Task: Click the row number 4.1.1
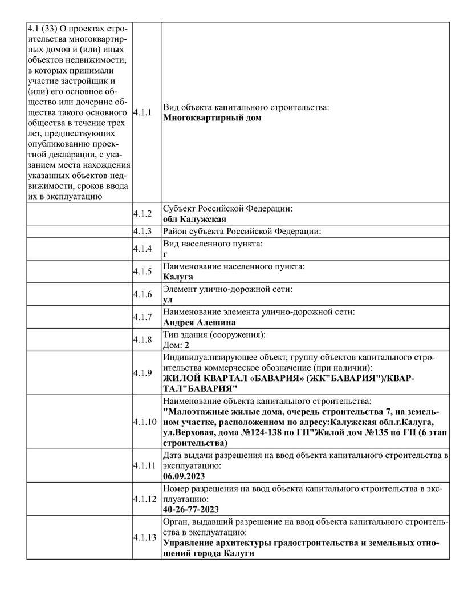[x=143, y=112]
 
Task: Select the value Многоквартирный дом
[x=212, y=118]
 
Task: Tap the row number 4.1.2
[x=143, y=214]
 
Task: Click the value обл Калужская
[x=194, y=220]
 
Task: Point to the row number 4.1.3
[x=143, y=232]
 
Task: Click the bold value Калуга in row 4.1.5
[x=178, y=277]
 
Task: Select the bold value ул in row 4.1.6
[x=168, y=299]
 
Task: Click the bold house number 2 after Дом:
[x=187, y=345]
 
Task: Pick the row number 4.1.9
[x=143, y=373]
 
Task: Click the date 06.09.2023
[x=184, y=476]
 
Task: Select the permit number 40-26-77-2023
[x=191, y=509]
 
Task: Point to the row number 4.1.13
[x=144, y=537]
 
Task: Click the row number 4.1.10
[x=144, y=423]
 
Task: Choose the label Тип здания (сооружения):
[x=215, y=334]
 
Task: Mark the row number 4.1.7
[x=143, y=317]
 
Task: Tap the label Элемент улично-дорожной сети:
[x=227, y=289]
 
